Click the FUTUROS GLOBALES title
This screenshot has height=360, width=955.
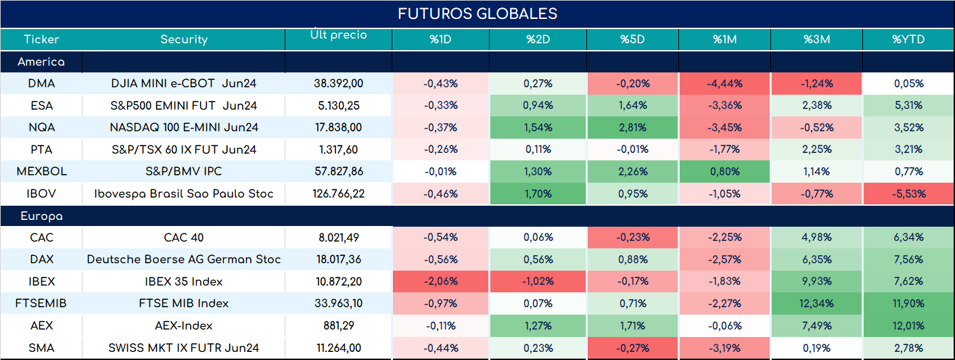point(477,14)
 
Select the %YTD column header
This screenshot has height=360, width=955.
point(908,39)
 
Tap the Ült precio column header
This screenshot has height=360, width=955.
point(339,34)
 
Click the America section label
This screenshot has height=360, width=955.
point(41,62)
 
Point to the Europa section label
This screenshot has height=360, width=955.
point(41,217)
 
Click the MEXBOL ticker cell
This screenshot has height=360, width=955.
point(41,171)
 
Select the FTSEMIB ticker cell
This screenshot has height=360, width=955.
point(41,303)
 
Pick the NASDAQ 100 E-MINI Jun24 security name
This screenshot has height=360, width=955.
point(184,127)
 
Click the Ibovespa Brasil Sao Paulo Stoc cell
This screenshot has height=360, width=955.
point(184,194)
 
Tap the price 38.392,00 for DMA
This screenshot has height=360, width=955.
point(339,83)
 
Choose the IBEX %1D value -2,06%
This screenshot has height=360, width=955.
point(441,281)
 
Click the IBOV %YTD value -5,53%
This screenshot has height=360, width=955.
point(909,194)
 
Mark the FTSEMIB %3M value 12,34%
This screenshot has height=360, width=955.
point(816,303)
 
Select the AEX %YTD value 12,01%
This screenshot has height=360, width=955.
point(908,325)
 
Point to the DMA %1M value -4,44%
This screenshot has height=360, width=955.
point(725,83)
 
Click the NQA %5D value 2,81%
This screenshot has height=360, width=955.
point(632,127)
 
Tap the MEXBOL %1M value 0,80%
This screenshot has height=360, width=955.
point(725,171)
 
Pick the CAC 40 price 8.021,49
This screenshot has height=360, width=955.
point(339,237)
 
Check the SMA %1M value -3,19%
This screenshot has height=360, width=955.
point(725,348)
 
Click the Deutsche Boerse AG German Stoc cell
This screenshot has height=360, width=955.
point(184,259)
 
